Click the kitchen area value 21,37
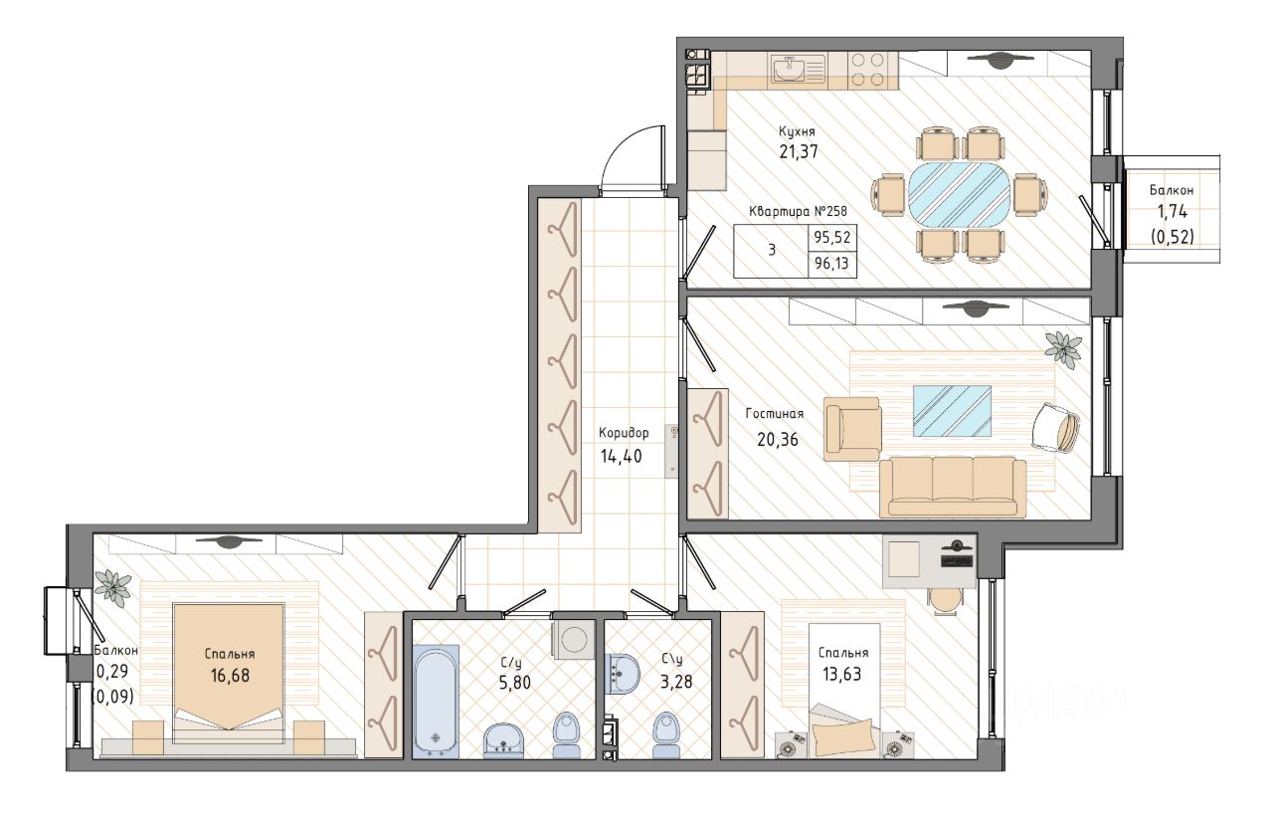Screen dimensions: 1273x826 (799, 152)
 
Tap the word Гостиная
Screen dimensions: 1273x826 (775, 414)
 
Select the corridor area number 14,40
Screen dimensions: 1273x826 (622, 456)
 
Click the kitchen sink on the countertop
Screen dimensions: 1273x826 (790, 71)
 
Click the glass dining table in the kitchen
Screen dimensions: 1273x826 (960, 195)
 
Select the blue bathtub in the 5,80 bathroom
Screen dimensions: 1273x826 (436, 701)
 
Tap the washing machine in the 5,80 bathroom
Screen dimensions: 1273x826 (573, 640)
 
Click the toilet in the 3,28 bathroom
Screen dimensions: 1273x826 (666, 734)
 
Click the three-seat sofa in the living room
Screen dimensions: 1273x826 (953, 487)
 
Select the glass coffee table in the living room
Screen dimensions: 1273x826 (952, 411)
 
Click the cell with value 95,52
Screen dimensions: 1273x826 (832, 237)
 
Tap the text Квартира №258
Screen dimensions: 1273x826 (798, 212)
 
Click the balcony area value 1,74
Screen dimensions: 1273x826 (1173, 212)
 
